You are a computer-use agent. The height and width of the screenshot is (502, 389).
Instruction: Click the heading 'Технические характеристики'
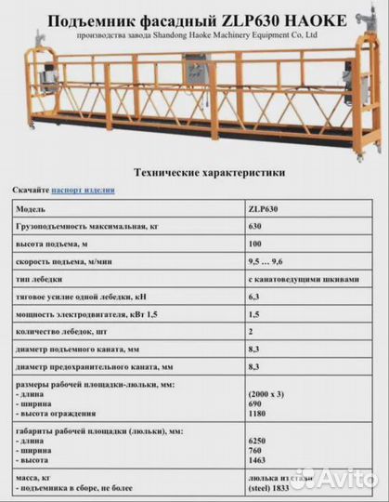coord(197,172)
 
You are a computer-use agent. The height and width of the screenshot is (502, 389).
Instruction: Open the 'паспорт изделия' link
coord(84,190)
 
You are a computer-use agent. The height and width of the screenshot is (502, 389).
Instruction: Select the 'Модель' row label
coord(32,209)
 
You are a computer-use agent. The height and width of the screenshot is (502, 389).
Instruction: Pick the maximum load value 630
coord(254,226)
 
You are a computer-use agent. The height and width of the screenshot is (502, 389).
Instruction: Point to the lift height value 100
coord(254,244)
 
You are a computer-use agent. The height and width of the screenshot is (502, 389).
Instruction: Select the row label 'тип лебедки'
coord(42,279)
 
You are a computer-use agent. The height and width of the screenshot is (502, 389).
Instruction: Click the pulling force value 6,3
coord(253,297)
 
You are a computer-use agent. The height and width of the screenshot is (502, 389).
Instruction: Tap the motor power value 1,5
coord(253,314)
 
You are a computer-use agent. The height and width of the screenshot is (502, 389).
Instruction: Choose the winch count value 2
coord(251,332)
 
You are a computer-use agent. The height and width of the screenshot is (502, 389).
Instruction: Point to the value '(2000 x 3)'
coord(269,395)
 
